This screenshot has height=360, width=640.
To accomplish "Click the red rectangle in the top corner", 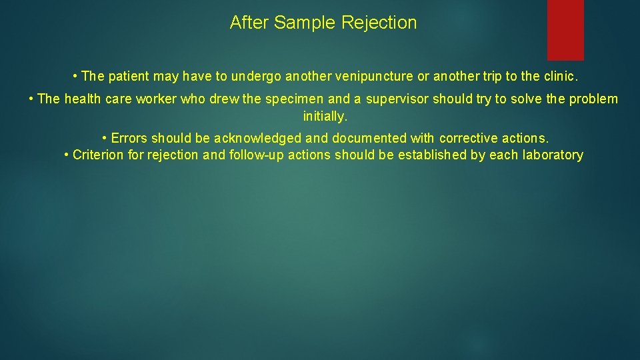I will pyautogui.click(x=565, y=29).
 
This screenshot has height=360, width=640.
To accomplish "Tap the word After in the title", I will pyautogui.click(x=249, y=23).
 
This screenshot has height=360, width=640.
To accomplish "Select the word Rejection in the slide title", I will pyautogui.click(x=379, y=23).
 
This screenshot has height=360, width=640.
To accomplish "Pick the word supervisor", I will pyautogui.click(x=397, y=99).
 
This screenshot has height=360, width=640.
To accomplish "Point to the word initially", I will pyautogui.click(x=325, y=117).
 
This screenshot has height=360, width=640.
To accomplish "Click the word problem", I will pyautogui.click(x=593, y=99).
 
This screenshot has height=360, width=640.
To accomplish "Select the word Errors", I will pyautogui.click(x=129, y=139).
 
